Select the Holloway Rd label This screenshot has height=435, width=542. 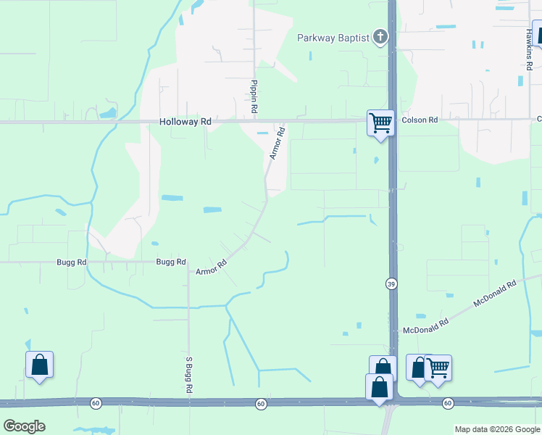pos(185,123)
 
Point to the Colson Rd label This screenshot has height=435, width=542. pos(420,120)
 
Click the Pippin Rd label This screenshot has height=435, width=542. pos(254,96)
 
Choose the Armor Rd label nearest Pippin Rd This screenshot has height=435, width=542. pos(276,144)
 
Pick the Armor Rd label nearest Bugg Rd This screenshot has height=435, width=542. pos(212,268)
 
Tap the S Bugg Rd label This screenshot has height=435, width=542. pos(188,375)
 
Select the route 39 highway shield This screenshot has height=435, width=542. pos(391,283)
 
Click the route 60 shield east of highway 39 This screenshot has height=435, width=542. pos(447,402)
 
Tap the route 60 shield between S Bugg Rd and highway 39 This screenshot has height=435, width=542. pos(261,402)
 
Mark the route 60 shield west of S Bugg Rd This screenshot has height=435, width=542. pos(96,402)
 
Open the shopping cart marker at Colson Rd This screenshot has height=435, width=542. pos(380,123)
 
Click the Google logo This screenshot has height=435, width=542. pos(24,426)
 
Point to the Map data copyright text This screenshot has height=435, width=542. pos(497,429)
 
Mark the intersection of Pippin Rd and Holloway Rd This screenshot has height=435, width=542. pos(254,121)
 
